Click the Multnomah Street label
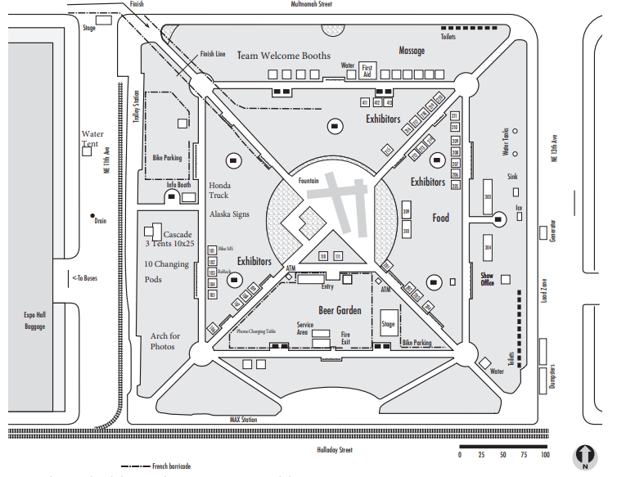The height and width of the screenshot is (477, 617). point(311,4)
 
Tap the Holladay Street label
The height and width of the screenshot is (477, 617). point(334,450)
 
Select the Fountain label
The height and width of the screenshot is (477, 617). point(308,180)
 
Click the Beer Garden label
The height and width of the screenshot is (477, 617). point(340,310)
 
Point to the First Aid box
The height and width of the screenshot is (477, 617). point(367,70)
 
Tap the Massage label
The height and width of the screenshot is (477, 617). point(412,51)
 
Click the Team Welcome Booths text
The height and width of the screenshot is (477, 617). point(284,56)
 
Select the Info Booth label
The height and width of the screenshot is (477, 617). point(178,185)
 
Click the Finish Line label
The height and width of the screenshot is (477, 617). point(213,54)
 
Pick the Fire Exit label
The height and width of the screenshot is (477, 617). point(345,337)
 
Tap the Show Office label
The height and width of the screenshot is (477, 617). point(487,279)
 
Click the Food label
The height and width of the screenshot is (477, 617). point(441,218)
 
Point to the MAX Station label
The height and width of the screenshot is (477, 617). point(243,420)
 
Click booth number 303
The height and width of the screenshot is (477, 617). point(488,197)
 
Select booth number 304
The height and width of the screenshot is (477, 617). point(488,246)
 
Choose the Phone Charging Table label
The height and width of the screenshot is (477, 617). point(256,331)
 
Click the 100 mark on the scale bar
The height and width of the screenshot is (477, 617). point(545,455)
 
